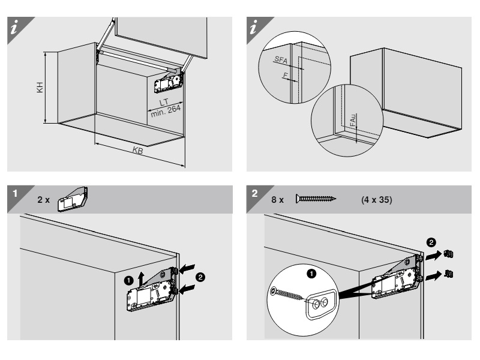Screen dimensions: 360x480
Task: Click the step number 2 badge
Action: [256, 193]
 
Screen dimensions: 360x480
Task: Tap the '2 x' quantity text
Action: [43, 200]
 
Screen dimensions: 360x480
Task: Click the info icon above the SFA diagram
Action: [257, 28]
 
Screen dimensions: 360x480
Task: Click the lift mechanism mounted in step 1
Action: [151, 292]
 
